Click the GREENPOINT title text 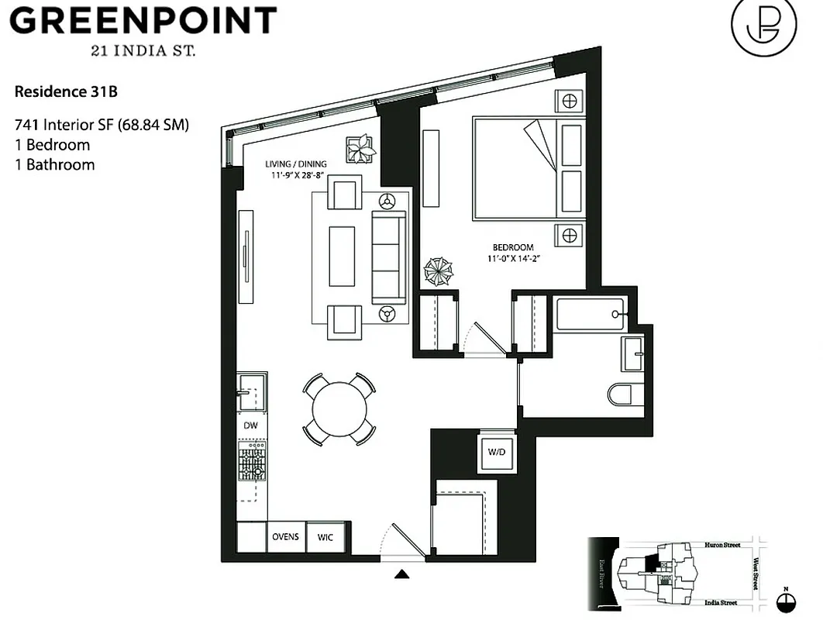pyautogui.click(x=143, y=21)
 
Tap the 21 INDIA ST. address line pyautogui.click(x=143, y=51)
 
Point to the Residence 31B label pyautogui.click(x=66, y=92)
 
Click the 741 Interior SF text pyautogui.click(x=102, y=124)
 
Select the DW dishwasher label pyautogui.click(x=250, y=425)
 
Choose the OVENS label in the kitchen pyautogui.click(x=285, y=537)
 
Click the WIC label pyautogui.click(x=325, y=537)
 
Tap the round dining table pyautogui.click(x=339, y=409)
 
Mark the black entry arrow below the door pyautogui.click(x=402, y=574)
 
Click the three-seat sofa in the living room pyautogui.click(x=389, y=257)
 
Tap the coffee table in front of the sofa pyautogui.click(x=342, y=257)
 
